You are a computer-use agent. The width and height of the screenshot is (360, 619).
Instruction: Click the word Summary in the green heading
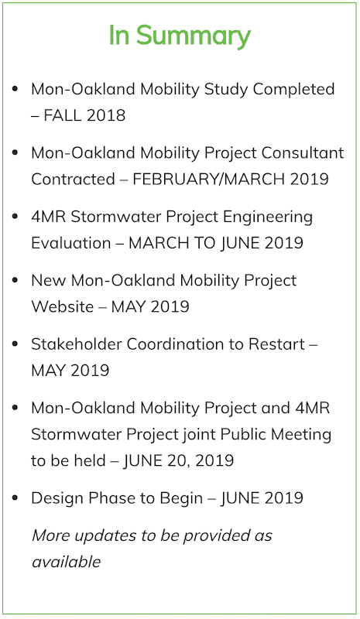(194, 36)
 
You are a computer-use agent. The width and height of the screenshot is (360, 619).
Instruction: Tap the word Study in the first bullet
(226, 90)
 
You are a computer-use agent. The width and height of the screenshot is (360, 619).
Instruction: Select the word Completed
(293, 90)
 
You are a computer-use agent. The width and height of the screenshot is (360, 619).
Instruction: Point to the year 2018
(106, 115)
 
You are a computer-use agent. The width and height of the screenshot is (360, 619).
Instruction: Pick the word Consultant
(303, 152)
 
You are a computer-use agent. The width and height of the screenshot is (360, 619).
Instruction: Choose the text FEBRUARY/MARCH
(208, 180)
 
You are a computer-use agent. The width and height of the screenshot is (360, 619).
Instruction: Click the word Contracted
(73, 180)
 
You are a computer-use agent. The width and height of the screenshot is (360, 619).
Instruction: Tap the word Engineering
(268, 217)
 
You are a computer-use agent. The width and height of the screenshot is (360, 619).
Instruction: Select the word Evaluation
(71, 243)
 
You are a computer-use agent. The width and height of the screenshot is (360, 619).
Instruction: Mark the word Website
(63, 306)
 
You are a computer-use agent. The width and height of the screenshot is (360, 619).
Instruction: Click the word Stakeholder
(77, 344)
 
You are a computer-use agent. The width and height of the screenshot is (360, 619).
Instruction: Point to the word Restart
(276, 344)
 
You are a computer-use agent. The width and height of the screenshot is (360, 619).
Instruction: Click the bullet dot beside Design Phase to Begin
(15, 498)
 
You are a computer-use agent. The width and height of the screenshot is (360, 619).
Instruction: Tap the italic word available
(67, 562)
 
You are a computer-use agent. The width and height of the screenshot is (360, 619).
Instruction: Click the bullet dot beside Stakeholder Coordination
(15, 344)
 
